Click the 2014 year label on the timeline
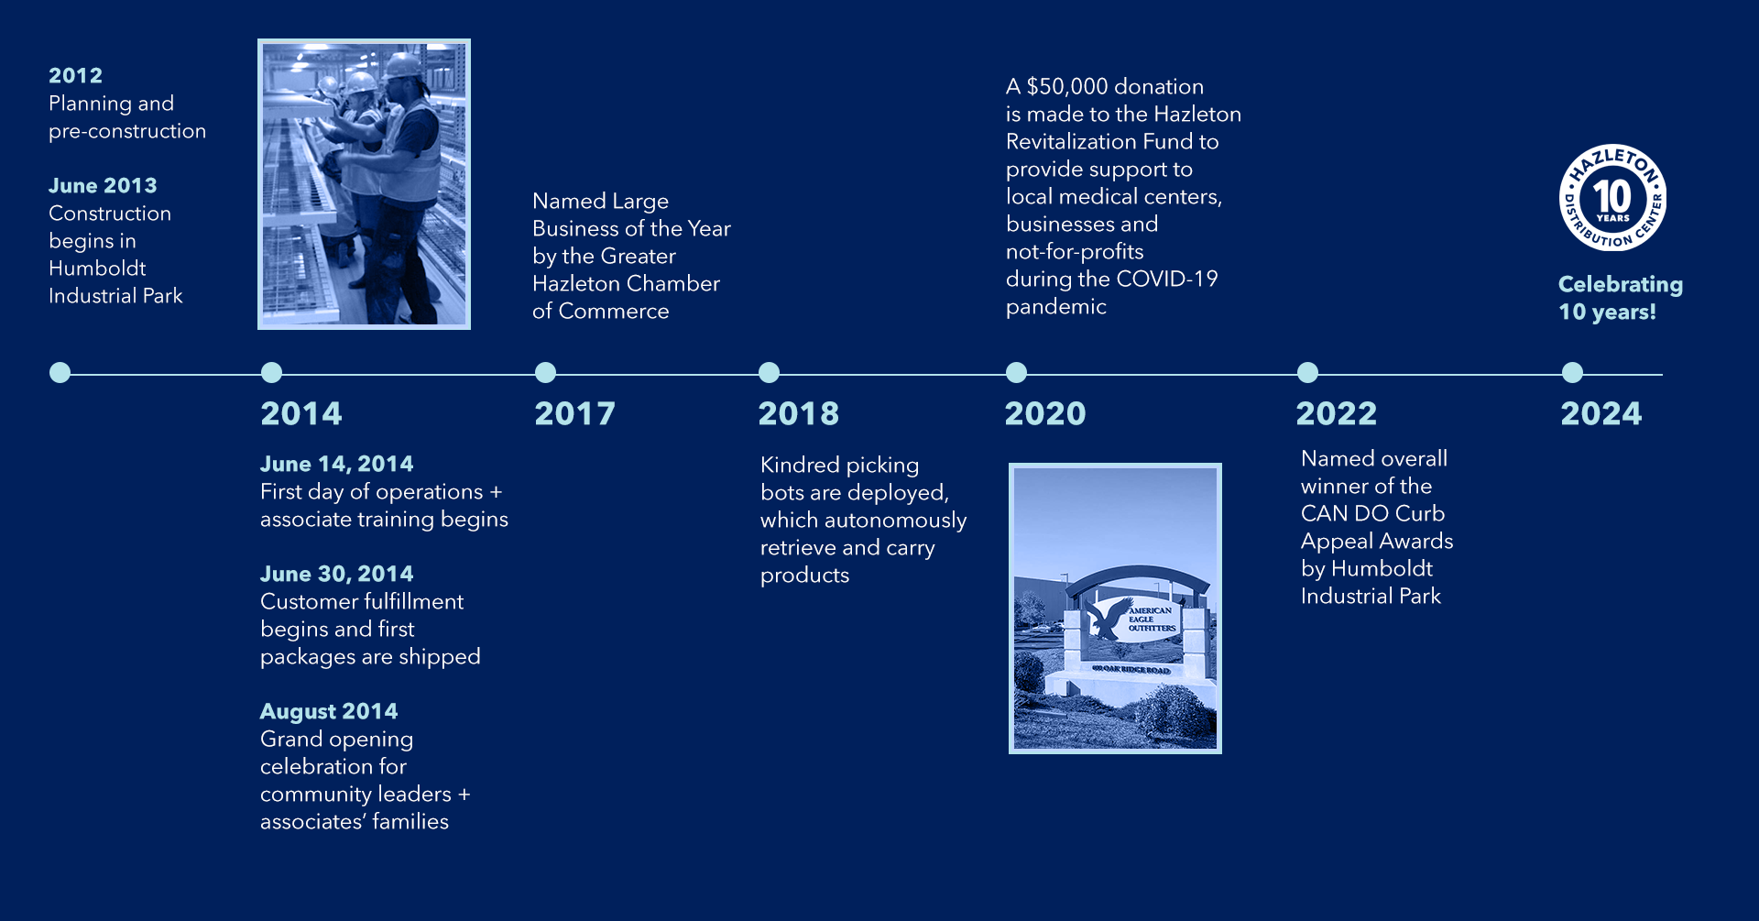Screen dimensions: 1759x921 pyautogui.click(x=301, y=414)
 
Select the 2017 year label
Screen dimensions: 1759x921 pyautogui.click(x=575, y=414)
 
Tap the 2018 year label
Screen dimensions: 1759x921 pyautogui.click(x=799, y=414)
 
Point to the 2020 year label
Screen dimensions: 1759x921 pyautogui.click(x=1045, y=414)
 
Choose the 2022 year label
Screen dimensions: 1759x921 pyautogui.click(x=1337, y=414)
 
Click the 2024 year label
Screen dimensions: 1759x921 pyautogui.click(x=1601, y=414)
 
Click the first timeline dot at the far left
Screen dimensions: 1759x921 pyautogui.click(x=60, y=373)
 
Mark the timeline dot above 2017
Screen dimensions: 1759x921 pyautogui.click(x=545, y=373)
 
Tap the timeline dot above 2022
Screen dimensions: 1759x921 pyautogui.click(x=1308, y=373)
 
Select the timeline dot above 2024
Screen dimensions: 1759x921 pyautogui.click(x=1572, y=373)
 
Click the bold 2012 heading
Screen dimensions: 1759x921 pyautogui.click(x=75, y=76)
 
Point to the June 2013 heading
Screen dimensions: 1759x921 pyautogui.click(x=103, y=186)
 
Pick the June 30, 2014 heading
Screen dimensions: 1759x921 pyautogui.click(x=337, y=575)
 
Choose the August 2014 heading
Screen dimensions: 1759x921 pyautogui.click(x=329, y=712)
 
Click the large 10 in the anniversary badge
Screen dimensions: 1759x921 pyautogui.click(x=1612, y=195)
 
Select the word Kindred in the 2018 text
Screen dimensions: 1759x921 pyautogui.click(x=800, y=466)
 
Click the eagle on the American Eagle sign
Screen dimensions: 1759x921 pyautogui.click(x=1109, y=619)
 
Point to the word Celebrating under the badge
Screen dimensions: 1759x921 pyautogui.click(x=1621, y=285)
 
